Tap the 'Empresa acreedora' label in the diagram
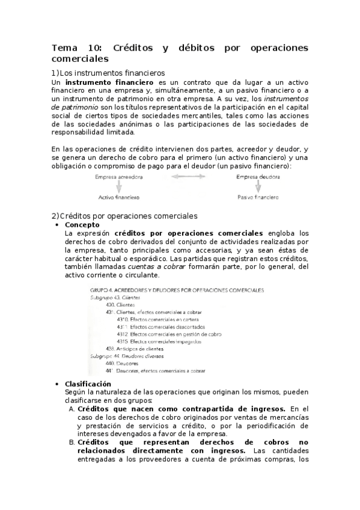point(119,177)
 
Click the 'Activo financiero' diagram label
point(119,197)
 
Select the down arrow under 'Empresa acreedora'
point(119,187)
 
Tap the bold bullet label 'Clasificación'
point(88,384)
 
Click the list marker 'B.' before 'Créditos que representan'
point(72,442)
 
